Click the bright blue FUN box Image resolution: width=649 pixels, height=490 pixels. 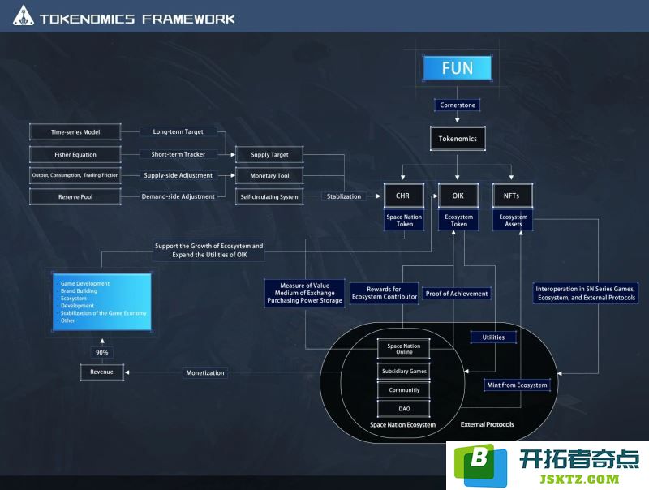pyautogui.click(x=457, y=68)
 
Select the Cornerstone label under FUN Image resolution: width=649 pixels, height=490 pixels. pyautogui.click(x=458, y=105)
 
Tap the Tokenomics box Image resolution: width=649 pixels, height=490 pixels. pyautogui.click(x=458, y=139)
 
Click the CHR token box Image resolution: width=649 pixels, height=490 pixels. pyautogui.click(x=403, y=196)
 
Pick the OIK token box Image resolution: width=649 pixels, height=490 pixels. pyautogui.click(x=458, y=196)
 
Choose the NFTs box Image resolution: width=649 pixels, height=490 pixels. pyautogui.click(x=513, y=196)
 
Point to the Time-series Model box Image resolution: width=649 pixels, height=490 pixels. pyautogui.click(x=75, y=132)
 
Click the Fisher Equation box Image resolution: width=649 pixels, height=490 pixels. pyautogui.click(x=75, y=154)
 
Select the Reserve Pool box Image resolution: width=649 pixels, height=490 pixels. pyautogui.click(x=75, y=196)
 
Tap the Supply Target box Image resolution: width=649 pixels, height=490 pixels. pyautogui.click(x=269, y=154)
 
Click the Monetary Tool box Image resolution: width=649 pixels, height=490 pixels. pyautogui.click(x=269, y=175)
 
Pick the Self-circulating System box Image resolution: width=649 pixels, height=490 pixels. pyautogui.click(x=269, y=196)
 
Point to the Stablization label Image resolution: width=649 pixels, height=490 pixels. pyautogui.click(x=344, y=196)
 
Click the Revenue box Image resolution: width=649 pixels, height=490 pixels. pyautogui.click(x=102, y=372)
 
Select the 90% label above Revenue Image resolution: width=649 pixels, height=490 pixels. pyautogui.click(x=102, y=353)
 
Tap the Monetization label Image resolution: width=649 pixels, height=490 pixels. pyautogui.click(x=205, y=372)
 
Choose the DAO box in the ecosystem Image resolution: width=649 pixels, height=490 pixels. pyautogui.click(x=404, y=409)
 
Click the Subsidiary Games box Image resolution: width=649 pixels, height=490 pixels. pyautogui.click(x=404, y=372)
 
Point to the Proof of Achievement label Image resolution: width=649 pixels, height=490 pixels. pyautogui.click(x=457, y=294)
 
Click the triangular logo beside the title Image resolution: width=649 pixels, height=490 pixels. pyautogui.click(x=24, y=15)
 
